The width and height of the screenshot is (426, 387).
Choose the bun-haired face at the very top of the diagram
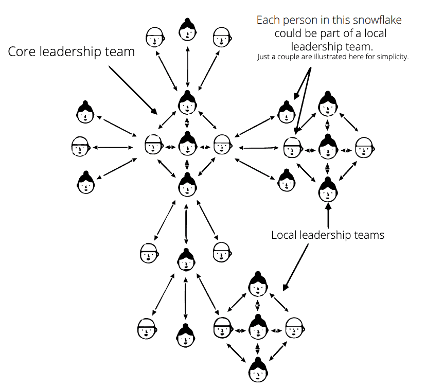click(187, 30)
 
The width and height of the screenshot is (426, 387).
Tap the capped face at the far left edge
click(80, 147)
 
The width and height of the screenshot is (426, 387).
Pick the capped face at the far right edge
click(364, 147)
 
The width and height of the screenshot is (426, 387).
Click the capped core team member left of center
click(153, 145)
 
